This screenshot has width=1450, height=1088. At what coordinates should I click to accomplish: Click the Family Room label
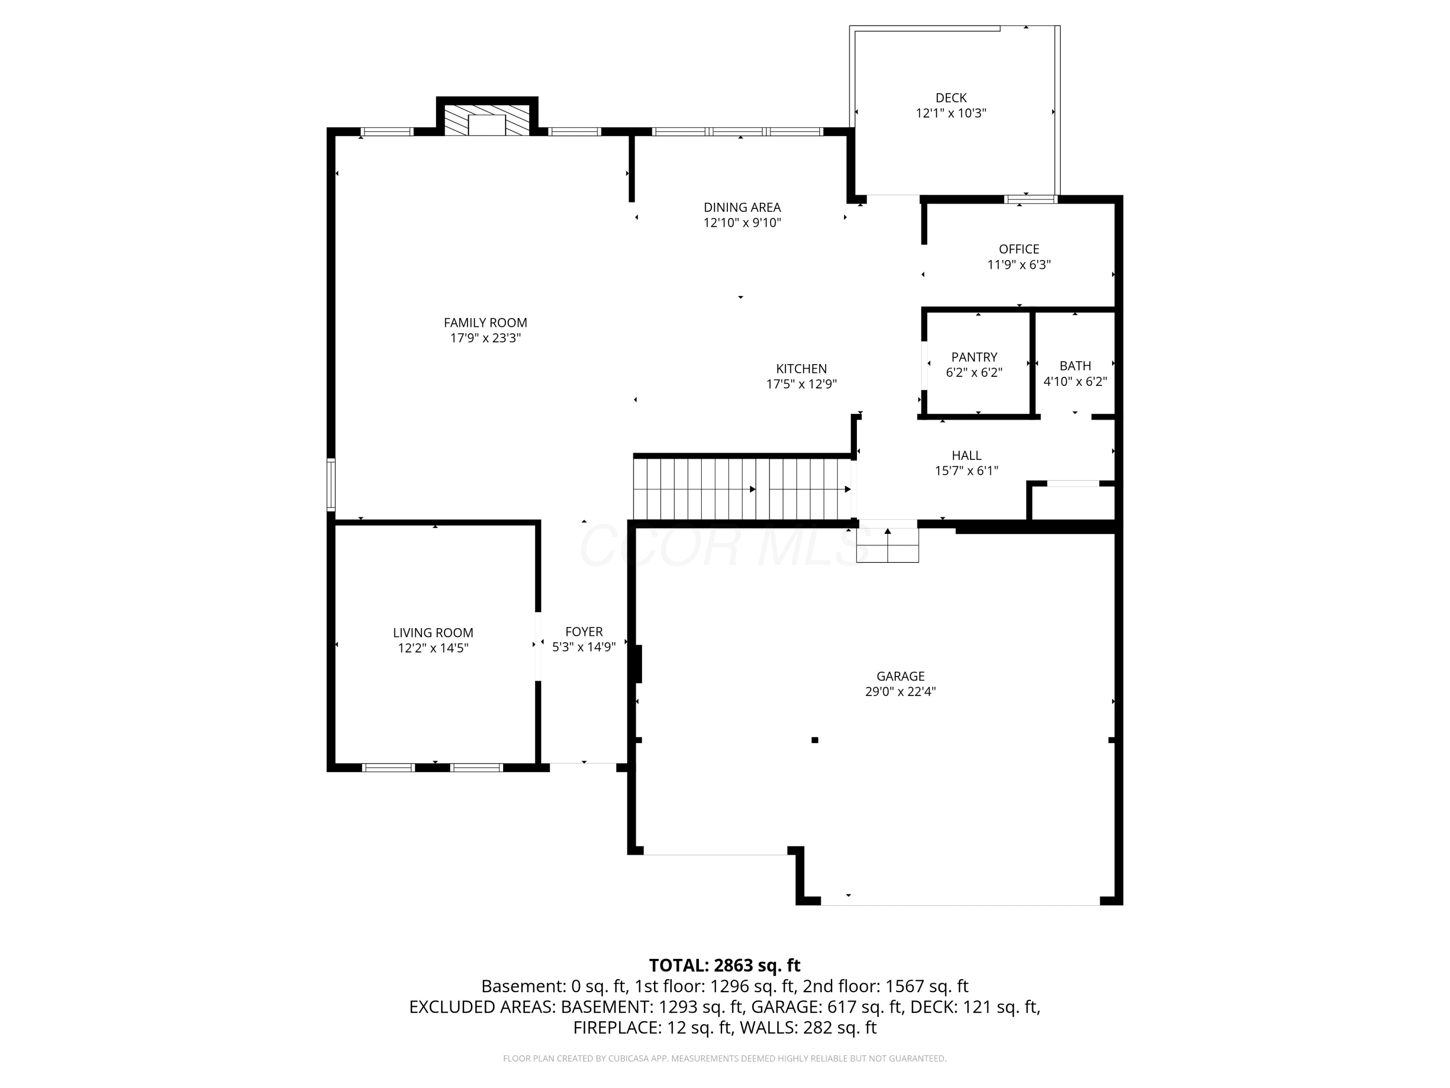pos(485,323)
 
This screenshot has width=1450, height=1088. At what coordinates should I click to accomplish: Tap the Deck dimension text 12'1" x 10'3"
pos(951,113)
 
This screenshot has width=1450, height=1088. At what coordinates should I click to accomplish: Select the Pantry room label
pos(974,357)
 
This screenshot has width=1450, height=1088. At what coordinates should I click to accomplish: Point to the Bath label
pos(1075,366)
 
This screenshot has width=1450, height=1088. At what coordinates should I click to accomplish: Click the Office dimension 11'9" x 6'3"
pos(1019,265)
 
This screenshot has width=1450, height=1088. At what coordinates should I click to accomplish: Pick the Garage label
pos(900,676)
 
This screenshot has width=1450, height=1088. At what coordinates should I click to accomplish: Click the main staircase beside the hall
pos(742,488)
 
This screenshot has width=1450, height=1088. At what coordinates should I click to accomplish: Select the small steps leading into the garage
pos(887,545)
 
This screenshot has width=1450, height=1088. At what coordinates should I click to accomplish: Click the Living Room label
pos(433,633)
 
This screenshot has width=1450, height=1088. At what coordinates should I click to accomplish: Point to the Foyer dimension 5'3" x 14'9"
pos(583,647)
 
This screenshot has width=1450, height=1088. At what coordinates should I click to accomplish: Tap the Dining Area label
pos(742,207)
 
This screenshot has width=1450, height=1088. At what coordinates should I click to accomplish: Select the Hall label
pos(966,455)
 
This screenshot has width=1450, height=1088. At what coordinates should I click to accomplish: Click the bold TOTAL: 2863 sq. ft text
pos(725,965)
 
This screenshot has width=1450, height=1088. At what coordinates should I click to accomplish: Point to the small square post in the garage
pos(815,740)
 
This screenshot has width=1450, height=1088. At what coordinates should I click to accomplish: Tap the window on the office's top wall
pos(1031,199)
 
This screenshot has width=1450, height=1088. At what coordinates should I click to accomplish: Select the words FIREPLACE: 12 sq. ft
pos(652,1028)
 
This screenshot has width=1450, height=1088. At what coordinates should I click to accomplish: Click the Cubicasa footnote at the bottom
pos(725,1059)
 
